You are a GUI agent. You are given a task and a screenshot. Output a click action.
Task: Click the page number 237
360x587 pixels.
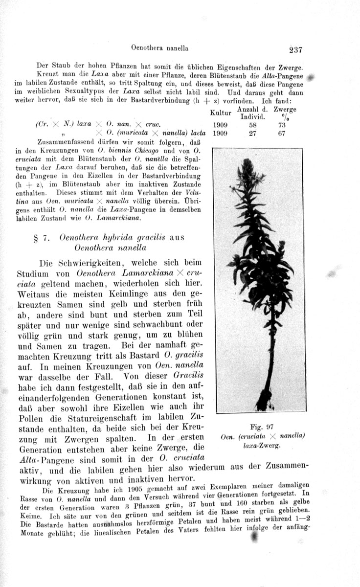(296, 49)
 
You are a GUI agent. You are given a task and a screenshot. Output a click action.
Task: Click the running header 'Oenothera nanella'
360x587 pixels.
(160, 48)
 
